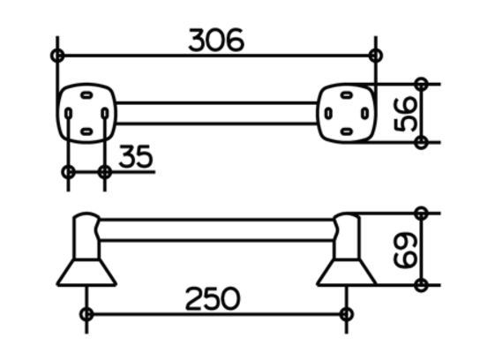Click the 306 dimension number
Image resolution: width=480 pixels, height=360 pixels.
216,40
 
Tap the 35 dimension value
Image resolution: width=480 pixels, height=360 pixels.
136,156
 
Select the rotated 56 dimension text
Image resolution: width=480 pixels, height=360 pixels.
405,114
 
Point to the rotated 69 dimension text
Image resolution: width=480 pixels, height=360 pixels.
405,250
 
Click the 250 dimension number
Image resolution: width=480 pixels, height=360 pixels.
213,298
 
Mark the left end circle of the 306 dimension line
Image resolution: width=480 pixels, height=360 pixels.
57,56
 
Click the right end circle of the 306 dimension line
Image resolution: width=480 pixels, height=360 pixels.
376,56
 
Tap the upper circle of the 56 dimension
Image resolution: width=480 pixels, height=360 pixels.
421,84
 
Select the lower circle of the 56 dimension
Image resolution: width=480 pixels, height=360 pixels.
421,142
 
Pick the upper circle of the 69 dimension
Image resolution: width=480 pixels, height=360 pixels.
421,213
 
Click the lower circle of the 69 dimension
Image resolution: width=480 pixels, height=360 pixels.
421,285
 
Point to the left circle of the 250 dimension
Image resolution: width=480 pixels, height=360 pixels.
86,314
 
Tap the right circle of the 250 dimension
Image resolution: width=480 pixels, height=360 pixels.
346,314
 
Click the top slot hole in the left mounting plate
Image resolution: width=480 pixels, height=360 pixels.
86,95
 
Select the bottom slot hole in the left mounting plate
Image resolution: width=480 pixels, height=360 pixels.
86,132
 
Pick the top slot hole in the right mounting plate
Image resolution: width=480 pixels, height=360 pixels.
346,94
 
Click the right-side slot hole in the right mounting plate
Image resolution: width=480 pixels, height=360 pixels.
364,114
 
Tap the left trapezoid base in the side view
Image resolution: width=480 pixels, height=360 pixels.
86,273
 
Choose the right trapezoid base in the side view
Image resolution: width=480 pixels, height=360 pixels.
347,273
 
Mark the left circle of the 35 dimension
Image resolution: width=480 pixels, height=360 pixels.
68,172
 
